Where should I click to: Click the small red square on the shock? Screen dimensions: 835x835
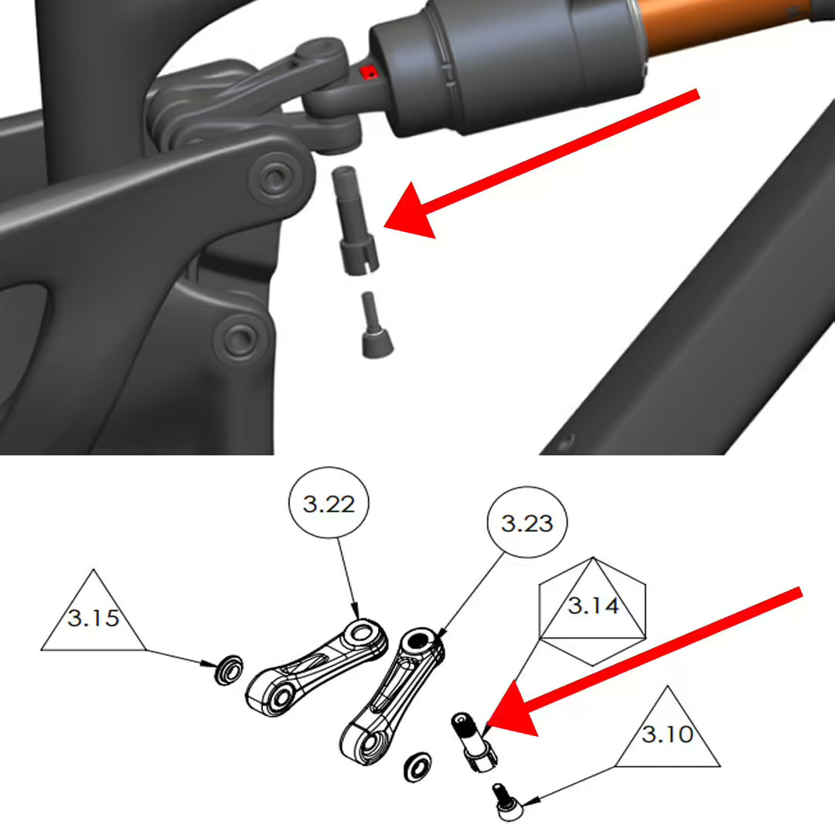(x=370, y=73)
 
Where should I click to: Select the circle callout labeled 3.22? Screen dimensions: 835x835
(x=329, y=505)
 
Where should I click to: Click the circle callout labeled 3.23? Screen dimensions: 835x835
(x=527, y=523)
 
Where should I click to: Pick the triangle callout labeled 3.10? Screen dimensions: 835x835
(x=667, y=731)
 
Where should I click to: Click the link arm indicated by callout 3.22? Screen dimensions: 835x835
(x=317, y=670)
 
